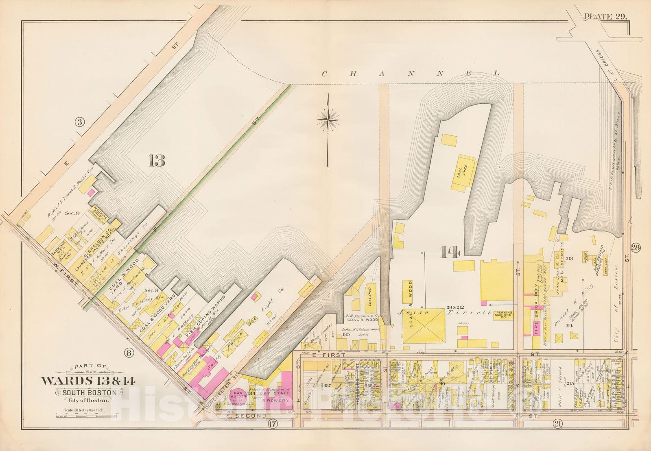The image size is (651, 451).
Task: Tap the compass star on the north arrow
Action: click(328, 119)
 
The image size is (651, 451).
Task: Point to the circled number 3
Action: click(80, 122)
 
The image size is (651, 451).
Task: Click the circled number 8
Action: click(129, 353)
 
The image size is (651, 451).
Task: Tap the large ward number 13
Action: click(157, 161)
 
